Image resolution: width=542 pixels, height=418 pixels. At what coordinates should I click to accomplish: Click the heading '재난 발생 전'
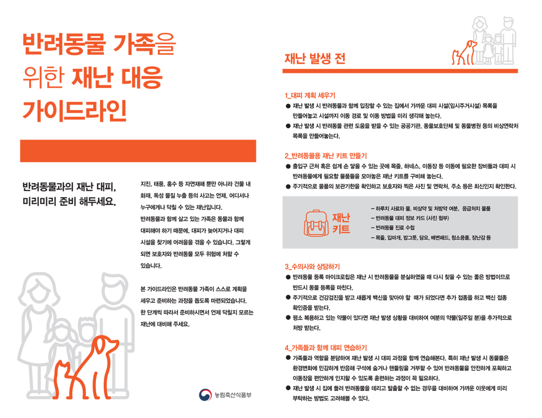(314, 58)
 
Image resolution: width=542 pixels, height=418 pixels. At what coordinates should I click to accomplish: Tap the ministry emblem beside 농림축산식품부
(206, 395)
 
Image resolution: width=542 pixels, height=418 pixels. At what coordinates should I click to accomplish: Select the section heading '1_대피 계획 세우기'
(310, 95)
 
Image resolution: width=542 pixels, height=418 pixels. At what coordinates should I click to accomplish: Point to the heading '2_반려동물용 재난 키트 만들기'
(326, 155)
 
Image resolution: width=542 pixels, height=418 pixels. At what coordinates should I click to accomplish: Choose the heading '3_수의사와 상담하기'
(312, 267)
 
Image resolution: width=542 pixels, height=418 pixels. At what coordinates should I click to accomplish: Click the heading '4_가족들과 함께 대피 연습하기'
(326, 347)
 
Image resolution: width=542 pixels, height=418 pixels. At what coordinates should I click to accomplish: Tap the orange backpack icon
(316, 223)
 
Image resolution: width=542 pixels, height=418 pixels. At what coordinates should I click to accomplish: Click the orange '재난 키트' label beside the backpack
(341, 223)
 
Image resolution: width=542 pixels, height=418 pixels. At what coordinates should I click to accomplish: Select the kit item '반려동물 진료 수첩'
(393, 228)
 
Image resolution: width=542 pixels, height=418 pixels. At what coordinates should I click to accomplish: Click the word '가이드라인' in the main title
(75, 111)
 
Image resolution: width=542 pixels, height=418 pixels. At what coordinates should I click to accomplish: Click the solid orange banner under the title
(138, 151)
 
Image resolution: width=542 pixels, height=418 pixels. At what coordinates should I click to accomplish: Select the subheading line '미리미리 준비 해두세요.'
(69, 202)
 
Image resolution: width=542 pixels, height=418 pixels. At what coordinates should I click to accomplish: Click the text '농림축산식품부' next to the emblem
(233, 395)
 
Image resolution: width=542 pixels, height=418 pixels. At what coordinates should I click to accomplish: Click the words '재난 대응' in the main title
(117, 77)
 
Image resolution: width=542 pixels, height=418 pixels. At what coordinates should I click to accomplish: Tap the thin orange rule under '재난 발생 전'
(400, 71)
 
